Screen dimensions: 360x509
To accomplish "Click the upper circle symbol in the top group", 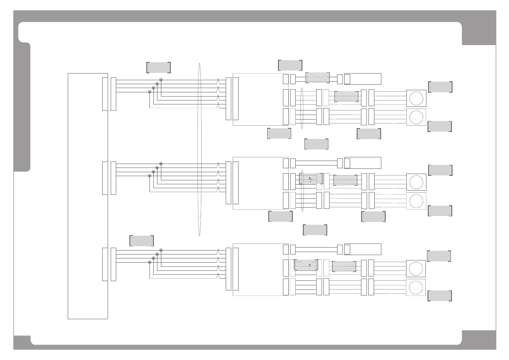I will click(x=416, y=98).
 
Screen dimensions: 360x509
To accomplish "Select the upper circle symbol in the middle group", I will click(x=416, y=182).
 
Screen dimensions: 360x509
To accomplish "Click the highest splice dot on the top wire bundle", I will click(x=161, y=80).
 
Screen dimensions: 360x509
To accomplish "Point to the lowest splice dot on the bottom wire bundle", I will click(x=149, y=262).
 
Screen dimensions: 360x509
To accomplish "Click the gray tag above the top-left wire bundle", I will click(x=159, y=67).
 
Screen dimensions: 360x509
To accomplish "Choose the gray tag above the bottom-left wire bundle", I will click(x=142, y=241).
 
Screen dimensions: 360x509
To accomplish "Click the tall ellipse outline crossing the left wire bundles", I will click(x=199, y=149).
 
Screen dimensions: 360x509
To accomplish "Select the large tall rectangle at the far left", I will click(x=88, y=196).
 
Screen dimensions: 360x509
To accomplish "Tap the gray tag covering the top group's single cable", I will click(x=317, y=77).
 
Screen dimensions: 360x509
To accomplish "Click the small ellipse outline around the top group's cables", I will click(x=302, y=108).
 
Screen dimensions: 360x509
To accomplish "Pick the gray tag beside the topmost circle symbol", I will click(x=440, y=87).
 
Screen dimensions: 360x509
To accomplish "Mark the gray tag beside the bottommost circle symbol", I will click(x=440, y=296).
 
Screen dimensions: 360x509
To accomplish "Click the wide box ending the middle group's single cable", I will click(x=363, y=163).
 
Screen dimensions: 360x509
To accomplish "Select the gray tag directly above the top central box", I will click(x=290, y=65).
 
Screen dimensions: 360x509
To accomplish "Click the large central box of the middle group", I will click(x=260, y=183).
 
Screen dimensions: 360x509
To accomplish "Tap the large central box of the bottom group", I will click(x=260, y=270).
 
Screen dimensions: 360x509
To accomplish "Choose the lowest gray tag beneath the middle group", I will click(x=315, y=230).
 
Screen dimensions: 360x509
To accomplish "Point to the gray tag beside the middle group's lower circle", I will click(x=440, y=211).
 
